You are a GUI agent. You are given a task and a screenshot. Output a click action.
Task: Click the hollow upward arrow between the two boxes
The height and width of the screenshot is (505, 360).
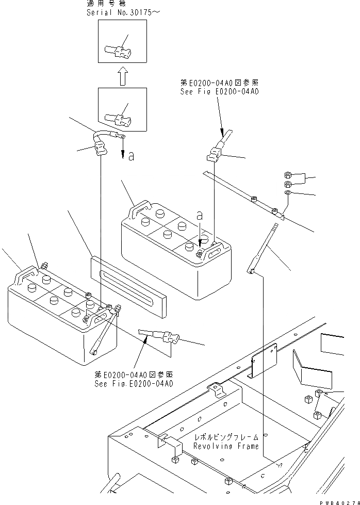point(122,78)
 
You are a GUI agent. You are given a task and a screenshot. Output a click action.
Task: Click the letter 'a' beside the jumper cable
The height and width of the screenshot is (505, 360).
point(131,156)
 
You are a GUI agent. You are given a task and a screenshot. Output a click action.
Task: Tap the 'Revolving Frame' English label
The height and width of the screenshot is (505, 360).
point(226,446)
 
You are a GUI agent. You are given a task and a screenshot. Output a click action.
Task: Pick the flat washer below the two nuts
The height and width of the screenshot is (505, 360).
point(288,193)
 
